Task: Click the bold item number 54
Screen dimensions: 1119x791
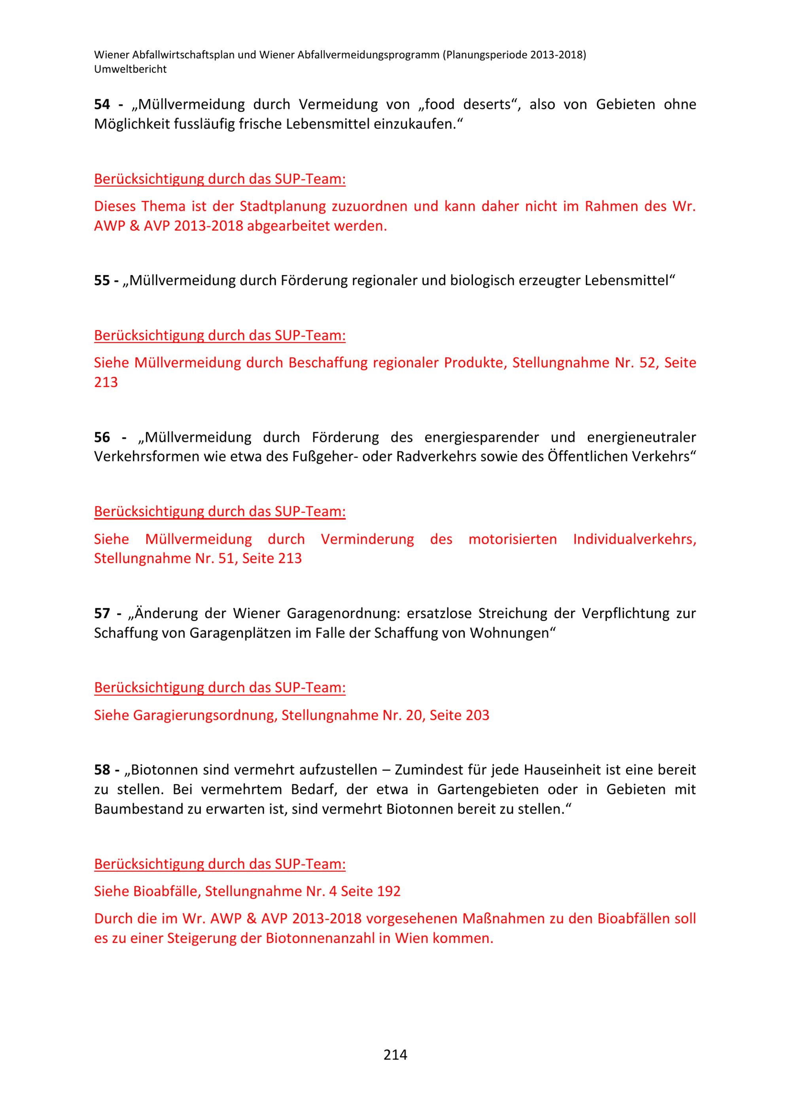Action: point(102,104)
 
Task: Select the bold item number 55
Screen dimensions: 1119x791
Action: point(102,280)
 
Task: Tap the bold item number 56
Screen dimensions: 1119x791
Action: point(102,437)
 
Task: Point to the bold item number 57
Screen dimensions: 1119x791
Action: point(102,613)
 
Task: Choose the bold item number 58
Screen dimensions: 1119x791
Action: point(102,770)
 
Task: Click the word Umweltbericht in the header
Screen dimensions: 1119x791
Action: point(130,69)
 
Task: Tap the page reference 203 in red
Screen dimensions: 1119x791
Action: point(477,715)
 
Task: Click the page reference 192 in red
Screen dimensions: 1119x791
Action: point(389,891)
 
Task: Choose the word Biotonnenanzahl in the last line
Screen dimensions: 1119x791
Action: point(322,938)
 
